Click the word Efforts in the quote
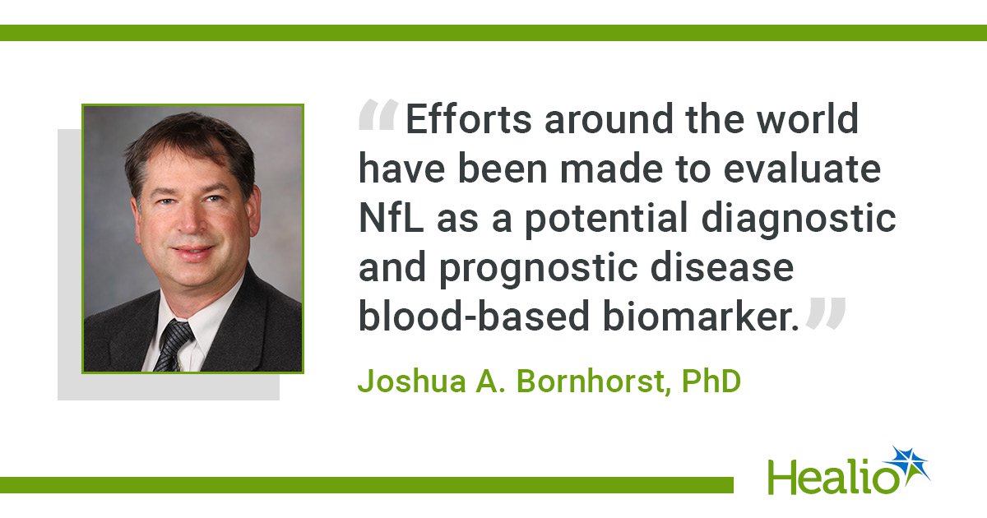coord(468,118)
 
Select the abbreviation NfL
coord(392,218)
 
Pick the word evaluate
coord(802,169)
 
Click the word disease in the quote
coord(722,267)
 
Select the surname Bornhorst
coord(591,382)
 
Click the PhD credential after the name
coord(711,382)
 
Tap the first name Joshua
coord(411,382)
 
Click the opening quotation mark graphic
coord(378,115)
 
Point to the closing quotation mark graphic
coord(826,313)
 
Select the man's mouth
coord(193,252)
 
